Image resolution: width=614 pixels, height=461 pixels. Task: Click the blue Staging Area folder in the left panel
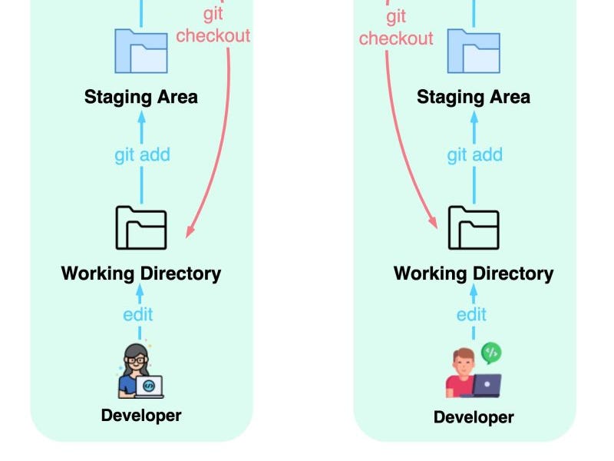pos(141,51)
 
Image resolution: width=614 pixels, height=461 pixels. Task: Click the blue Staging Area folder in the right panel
pos(474,51)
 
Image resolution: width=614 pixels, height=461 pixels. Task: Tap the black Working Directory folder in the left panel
pos(141,227)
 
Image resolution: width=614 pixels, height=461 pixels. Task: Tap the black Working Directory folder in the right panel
pos(474,227)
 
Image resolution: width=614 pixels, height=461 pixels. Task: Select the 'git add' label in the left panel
pos(142,155)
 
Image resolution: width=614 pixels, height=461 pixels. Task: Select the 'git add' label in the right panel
pos(474,155)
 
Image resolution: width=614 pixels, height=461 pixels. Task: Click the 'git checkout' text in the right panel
pos(396,28)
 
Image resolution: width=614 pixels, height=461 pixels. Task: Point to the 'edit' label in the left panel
pos(138,314)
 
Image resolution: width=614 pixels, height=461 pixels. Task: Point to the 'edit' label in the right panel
pos(471,314)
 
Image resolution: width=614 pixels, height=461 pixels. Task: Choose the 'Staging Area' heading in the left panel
pos(141,97)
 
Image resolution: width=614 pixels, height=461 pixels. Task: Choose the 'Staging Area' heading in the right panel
pos(474,97)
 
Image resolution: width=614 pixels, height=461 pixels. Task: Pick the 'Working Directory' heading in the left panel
pos(141,274)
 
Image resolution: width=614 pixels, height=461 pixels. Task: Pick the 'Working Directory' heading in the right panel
pos(474,274)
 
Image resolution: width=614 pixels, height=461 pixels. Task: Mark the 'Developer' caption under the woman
pos(141,416)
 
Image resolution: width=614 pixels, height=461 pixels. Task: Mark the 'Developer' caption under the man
pos(474,417)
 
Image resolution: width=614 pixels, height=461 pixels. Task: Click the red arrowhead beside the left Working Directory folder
pos(191,230)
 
